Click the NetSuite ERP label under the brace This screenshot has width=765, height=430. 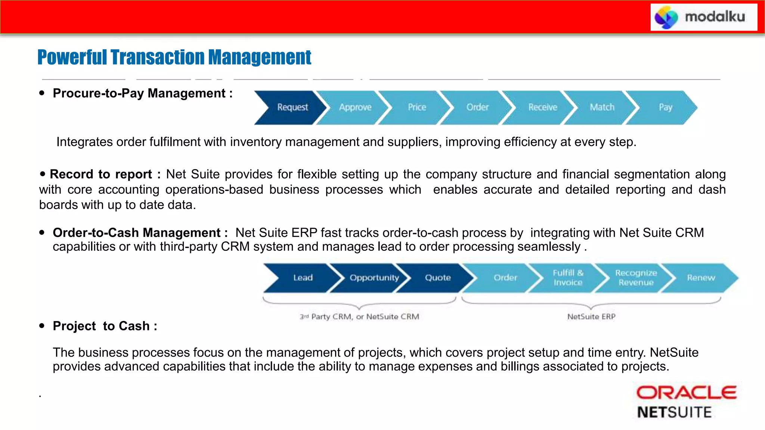click(x=591, y=317)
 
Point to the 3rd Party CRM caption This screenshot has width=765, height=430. click(x=359, y=317)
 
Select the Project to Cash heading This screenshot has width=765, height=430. click(x=105, y=326)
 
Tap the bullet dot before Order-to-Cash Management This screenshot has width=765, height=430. click(x=42, y=233)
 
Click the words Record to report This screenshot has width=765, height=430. click(x=101, y=174)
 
